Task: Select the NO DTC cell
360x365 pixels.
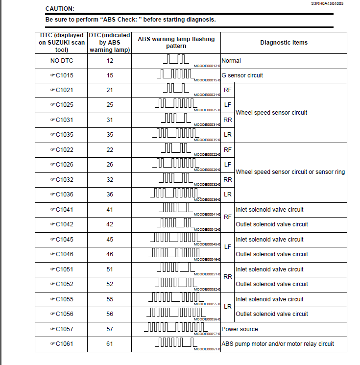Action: tap(61, 61)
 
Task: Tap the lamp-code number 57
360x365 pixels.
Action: tap(110, 329)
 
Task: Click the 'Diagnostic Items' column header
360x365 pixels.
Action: tap(284, 43)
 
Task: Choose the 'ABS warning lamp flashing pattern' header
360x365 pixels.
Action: tap(176, 43)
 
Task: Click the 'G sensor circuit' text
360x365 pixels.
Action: tap(242, 75)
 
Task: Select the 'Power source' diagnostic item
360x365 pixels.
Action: tap(240, 329)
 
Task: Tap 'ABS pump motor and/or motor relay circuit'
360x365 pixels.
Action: tap(278, 344)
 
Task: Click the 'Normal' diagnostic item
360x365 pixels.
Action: tap(231, 61)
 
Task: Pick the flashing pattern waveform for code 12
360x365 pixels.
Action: tap(175, 59)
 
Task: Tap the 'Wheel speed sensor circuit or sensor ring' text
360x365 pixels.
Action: tap(290, 172)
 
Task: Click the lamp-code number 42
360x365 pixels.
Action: tap(110, 224)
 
